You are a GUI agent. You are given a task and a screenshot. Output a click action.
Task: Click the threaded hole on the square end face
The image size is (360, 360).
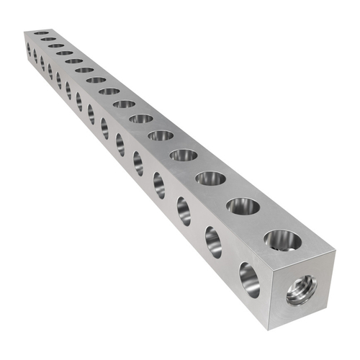click(301, 290)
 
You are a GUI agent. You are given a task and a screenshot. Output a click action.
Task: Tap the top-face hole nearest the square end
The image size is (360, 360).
click(283, 240)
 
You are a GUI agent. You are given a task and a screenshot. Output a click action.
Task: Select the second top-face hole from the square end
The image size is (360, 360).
click(243, 207)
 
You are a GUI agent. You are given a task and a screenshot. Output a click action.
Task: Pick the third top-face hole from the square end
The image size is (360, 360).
click(210, 178)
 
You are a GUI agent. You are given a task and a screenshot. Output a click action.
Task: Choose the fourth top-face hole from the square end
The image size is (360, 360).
click(184, 155)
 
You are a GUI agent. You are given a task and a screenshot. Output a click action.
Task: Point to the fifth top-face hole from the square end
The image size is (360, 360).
click(161, 135)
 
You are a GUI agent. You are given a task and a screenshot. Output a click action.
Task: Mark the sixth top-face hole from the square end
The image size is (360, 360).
click(141, 118)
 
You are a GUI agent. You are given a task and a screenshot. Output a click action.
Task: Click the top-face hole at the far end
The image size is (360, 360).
click(41, 33)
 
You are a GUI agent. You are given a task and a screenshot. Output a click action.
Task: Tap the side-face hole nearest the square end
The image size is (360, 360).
click(249, 279)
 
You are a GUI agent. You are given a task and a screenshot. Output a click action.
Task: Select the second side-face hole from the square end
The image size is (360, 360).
click(214, 241)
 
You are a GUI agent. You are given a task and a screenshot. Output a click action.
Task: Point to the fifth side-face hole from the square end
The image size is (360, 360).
click(138, 163)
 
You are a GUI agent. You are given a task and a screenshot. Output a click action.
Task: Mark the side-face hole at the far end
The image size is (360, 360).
click(28, 49)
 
